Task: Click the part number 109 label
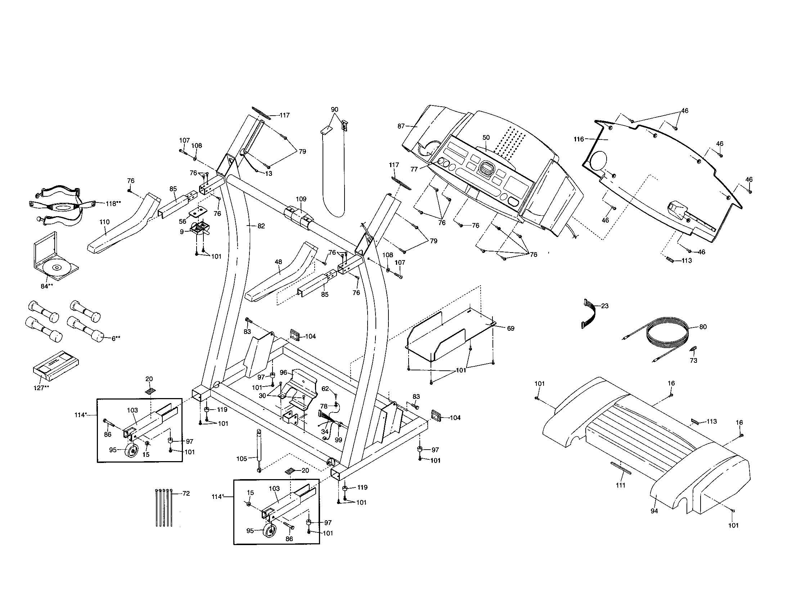[301, 199]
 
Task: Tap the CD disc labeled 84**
[57, 268]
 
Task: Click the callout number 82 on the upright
[261, 226]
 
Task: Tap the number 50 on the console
[486, 138]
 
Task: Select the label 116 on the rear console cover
[579, 139]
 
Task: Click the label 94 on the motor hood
[654, 511]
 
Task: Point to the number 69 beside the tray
[510, 328]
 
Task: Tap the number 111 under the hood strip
[621, 485]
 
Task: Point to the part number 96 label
[283, 372]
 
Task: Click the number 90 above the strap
[334, 109]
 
